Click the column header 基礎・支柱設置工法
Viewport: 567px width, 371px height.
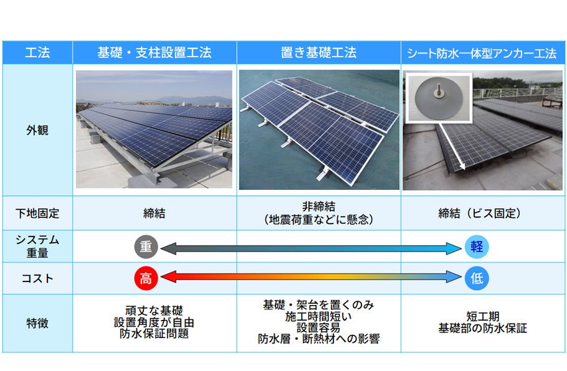click(155, 52)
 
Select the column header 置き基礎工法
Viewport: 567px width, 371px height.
click(318, 52)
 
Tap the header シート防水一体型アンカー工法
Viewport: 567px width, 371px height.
click(482, 53)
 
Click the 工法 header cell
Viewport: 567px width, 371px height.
click(37, 52)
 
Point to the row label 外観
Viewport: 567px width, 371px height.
click(37, 131)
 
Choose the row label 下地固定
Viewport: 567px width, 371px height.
click(37, 214)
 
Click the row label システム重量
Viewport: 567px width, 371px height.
click(37, 247)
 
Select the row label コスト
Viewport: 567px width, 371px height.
click(37, 278)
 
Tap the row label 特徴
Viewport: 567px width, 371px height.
click(37, 323)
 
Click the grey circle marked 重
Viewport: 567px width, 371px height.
click(146, 247)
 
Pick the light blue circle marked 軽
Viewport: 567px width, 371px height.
click(477, 247)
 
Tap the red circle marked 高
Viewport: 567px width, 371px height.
click(146, 278)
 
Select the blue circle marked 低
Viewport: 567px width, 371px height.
click(477, 278)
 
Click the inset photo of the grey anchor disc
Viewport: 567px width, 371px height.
click(436, 96)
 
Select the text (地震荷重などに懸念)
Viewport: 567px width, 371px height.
click(318, 220)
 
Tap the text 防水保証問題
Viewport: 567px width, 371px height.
click(155, 334)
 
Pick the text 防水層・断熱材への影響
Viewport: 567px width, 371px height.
click(318, 339)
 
